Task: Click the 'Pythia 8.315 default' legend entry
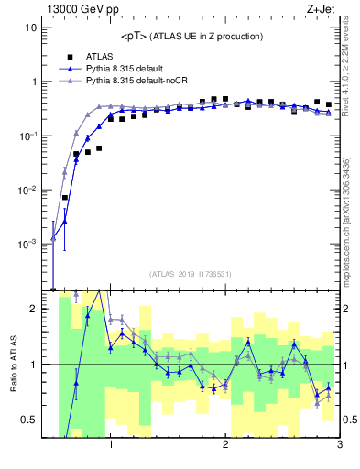point(127,69)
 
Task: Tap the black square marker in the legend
point(70,56)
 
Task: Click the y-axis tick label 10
point(30,27)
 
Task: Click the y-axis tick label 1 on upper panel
point(33,82)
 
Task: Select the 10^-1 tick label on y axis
point(28,136)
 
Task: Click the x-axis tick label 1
point(111,446)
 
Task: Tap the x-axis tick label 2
point(225,446)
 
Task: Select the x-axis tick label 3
point(339,446)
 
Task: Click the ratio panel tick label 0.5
point(28,420)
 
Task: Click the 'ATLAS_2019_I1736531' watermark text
point(191,274)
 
